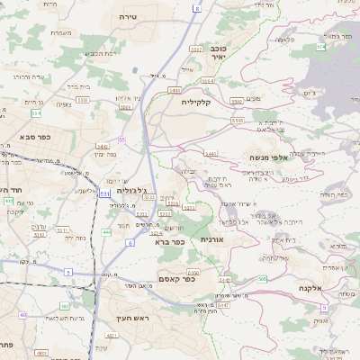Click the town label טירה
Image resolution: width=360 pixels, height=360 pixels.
pos(127,17)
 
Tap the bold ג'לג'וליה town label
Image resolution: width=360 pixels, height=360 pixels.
pos(130,190)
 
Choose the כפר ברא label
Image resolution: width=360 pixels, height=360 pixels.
pos(169,241)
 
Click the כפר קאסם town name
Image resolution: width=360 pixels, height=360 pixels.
pos(177,280)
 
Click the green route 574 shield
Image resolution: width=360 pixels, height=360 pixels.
pos(321,45)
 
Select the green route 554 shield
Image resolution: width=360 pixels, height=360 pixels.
pos(36,113)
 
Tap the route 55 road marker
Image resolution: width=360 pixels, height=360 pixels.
pos(121,139)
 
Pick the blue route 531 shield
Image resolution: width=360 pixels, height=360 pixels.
pos(105,193)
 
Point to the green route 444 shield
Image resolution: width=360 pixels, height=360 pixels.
pos(106,231)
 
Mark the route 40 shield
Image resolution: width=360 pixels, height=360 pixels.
pos(22,315)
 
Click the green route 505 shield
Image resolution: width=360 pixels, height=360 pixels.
pos(262,281)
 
